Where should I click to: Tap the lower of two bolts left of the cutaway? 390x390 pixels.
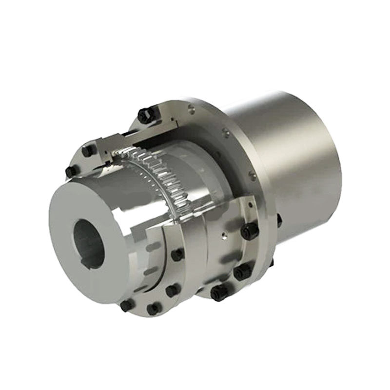click(x=71, y=171)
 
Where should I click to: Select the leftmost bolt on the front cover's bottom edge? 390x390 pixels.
click(x=127, y=306)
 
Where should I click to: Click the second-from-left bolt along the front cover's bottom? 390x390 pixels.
click(x=154, y=309)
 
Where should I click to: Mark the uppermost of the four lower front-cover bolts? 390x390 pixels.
click(x=177, y=254)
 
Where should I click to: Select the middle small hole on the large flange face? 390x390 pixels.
click(x=225, y=131)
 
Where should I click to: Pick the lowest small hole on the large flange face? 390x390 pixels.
click(x=252, y=174)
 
